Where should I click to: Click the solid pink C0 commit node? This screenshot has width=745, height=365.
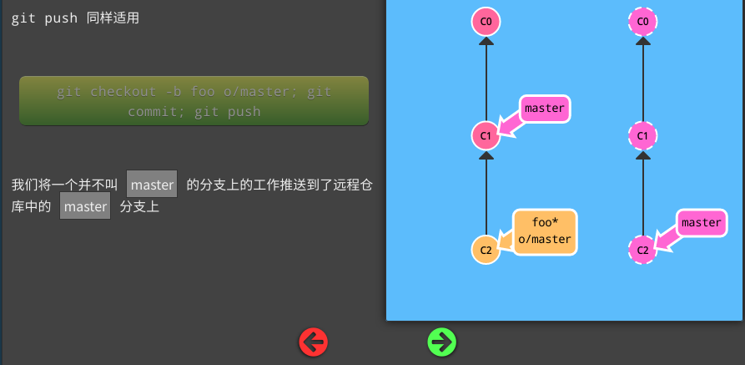[x=486, y=22]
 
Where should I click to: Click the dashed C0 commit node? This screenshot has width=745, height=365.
[x=642, y=22]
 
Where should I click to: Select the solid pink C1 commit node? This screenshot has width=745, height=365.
[x=486, y=134]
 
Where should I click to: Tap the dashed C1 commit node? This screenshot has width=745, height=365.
[x=642, y=134]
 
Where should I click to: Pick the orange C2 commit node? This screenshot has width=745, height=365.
[x=486, y=249]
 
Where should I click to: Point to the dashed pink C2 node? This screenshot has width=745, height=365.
[x=642, y=249]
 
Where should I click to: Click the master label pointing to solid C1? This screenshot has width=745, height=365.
[x=545, y=108]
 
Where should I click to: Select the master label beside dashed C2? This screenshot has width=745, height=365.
[x=701, y=222]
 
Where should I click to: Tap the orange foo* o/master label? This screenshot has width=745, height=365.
[x=545, y=231]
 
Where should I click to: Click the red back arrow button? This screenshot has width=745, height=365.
[x=314, y=341]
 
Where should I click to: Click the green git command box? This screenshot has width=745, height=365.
[x=194, y=101]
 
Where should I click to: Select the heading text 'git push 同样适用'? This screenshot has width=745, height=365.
[x=75, y=18]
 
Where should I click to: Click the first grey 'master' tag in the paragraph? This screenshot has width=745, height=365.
[x=152, y=184]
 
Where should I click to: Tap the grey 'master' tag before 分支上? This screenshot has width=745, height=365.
[x=85, y=206]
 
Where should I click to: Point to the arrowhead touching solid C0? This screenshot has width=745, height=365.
[x=486, y=42]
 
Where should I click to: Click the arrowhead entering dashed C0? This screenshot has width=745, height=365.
[x=642, y=42]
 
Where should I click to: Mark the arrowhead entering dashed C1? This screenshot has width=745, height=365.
[x=642, y=155]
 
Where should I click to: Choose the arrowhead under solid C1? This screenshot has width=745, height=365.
[x=486, y=155]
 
